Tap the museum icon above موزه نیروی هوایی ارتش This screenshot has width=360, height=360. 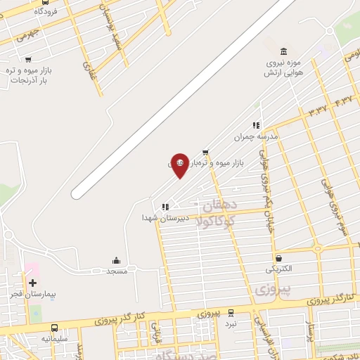[x=283, y=51]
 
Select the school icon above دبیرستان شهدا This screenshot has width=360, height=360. [x=165, y=207]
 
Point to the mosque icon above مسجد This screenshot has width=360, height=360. [x=116, y=261]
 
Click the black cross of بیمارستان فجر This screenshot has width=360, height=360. [x=33, y=281]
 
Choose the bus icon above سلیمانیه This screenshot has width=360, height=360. [x=54, y=328]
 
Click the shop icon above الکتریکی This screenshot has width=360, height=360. [x=279, y=258]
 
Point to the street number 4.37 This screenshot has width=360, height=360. [x=346, y=102]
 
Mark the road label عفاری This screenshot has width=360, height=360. [x=88, y=68]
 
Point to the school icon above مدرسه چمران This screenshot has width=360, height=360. [x=256, y=124]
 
